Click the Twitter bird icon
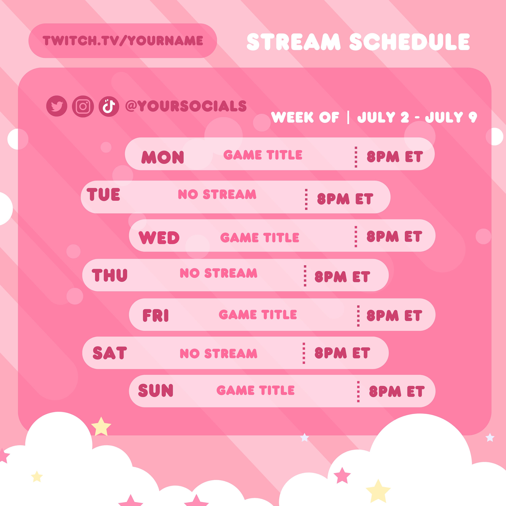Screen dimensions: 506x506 point(57,106)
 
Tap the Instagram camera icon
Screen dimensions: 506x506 point(83,106)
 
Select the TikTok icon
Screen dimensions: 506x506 point(109,106)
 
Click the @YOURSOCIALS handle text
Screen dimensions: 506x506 point(186,106)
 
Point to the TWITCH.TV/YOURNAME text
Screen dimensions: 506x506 point(123,41)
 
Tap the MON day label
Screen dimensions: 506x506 point(163,157)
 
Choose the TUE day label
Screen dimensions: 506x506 point(103,195)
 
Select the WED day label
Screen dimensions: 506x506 point(159,237)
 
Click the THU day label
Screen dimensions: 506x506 point(109,275)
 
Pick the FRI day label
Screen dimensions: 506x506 point(156,315)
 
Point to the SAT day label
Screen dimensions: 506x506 point(110,353)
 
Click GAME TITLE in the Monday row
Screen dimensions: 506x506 point(263,155)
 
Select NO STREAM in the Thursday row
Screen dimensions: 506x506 point(218,273)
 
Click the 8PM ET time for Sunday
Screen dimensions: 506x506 point(397,391)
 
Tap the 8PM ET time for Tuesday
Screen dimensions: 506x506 point(345,199)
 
